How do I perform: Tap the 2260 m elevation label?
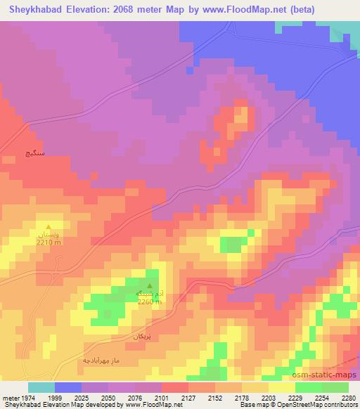coord(150,301)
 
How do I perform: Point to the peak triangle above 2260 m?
coord(148,275)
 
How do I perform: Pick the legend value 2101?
coord(161,397)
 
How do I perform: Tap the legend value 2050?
coord(108,397)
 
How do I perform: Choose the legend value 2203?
coord(268,397)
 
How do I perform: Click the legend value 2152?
coord(214,397)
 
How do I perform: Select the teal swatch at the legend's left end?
coord(41,387)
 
